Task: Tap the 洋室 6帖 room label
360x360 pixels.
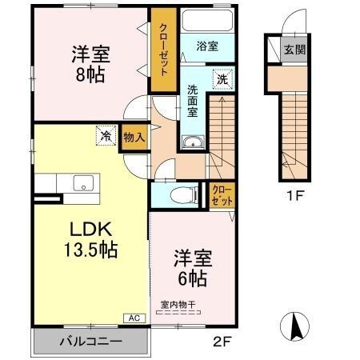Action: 192,268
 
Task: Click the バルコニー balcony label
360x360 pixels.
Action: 90,342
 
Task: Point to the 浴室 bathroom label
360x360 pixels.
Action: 207,46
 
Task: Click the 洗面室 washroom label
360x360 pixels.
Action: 193,101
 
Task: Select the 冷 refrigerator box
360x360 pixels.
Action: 106,136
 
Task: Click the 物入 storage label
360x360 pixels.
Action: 134,137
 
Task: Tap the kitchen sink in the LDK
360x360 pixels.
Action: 82,183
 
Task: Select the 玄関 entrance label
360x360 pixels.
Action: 294,50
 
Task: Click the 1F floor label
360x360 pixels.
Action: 294,194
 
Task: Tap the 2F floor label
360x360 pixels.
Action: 221,339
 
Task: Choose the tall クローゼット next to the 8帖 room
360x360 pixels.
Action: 163,50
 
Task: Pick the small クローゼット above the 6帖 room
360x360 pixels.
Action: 222,195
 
